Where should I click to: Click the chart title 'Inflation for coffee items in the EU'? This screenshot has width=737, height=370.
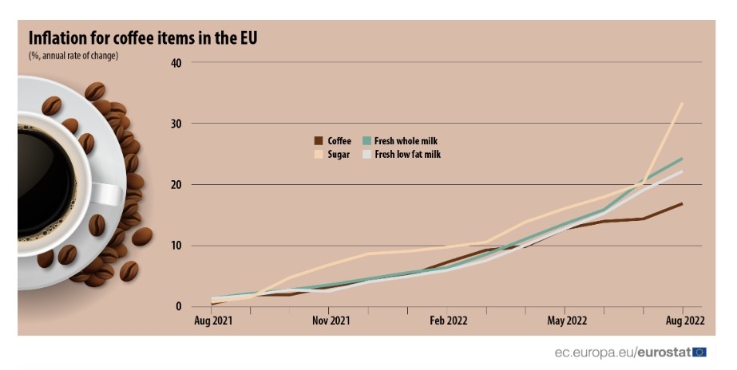143,38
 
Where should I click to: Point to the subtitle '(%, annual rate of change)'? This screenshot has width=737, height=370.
73,56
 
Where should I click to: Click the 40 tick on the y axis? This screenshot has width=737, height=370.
176,63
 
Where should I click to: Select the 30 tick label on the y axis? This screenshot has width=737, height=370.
176,124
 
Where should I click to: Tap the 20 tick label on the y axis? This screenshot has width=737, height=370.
176,185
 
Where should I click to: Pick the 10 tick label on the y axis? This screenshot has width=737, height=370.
176,246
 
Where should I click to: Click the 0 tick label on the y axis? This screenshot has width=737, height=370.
179,307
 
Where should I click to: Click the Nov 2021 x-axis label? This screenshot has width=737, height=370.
330,321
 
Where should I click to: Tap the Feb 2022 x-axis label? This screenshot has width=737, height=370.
448,321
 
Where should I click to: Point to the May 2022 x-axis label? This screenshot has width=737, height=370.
566,321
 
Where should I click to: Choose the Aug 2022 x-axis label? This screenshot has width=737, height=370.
684,321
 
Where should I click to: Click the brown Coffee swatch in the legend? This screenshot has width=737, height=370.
318,141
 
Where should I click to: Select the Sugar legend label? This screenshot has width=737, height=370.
339,155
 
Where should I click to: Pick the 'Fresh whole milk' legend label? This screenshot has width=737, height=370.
406,141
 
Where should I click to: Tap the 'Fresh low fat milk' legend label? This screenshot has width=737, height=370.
407,155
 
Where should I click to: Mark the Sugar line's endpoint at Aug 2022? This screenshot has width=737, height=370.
682,103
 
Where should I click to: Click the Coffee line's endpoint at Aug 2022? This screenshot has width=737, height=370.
682,203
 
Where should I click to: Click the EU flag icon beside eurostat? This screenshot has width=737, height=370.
699,352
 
